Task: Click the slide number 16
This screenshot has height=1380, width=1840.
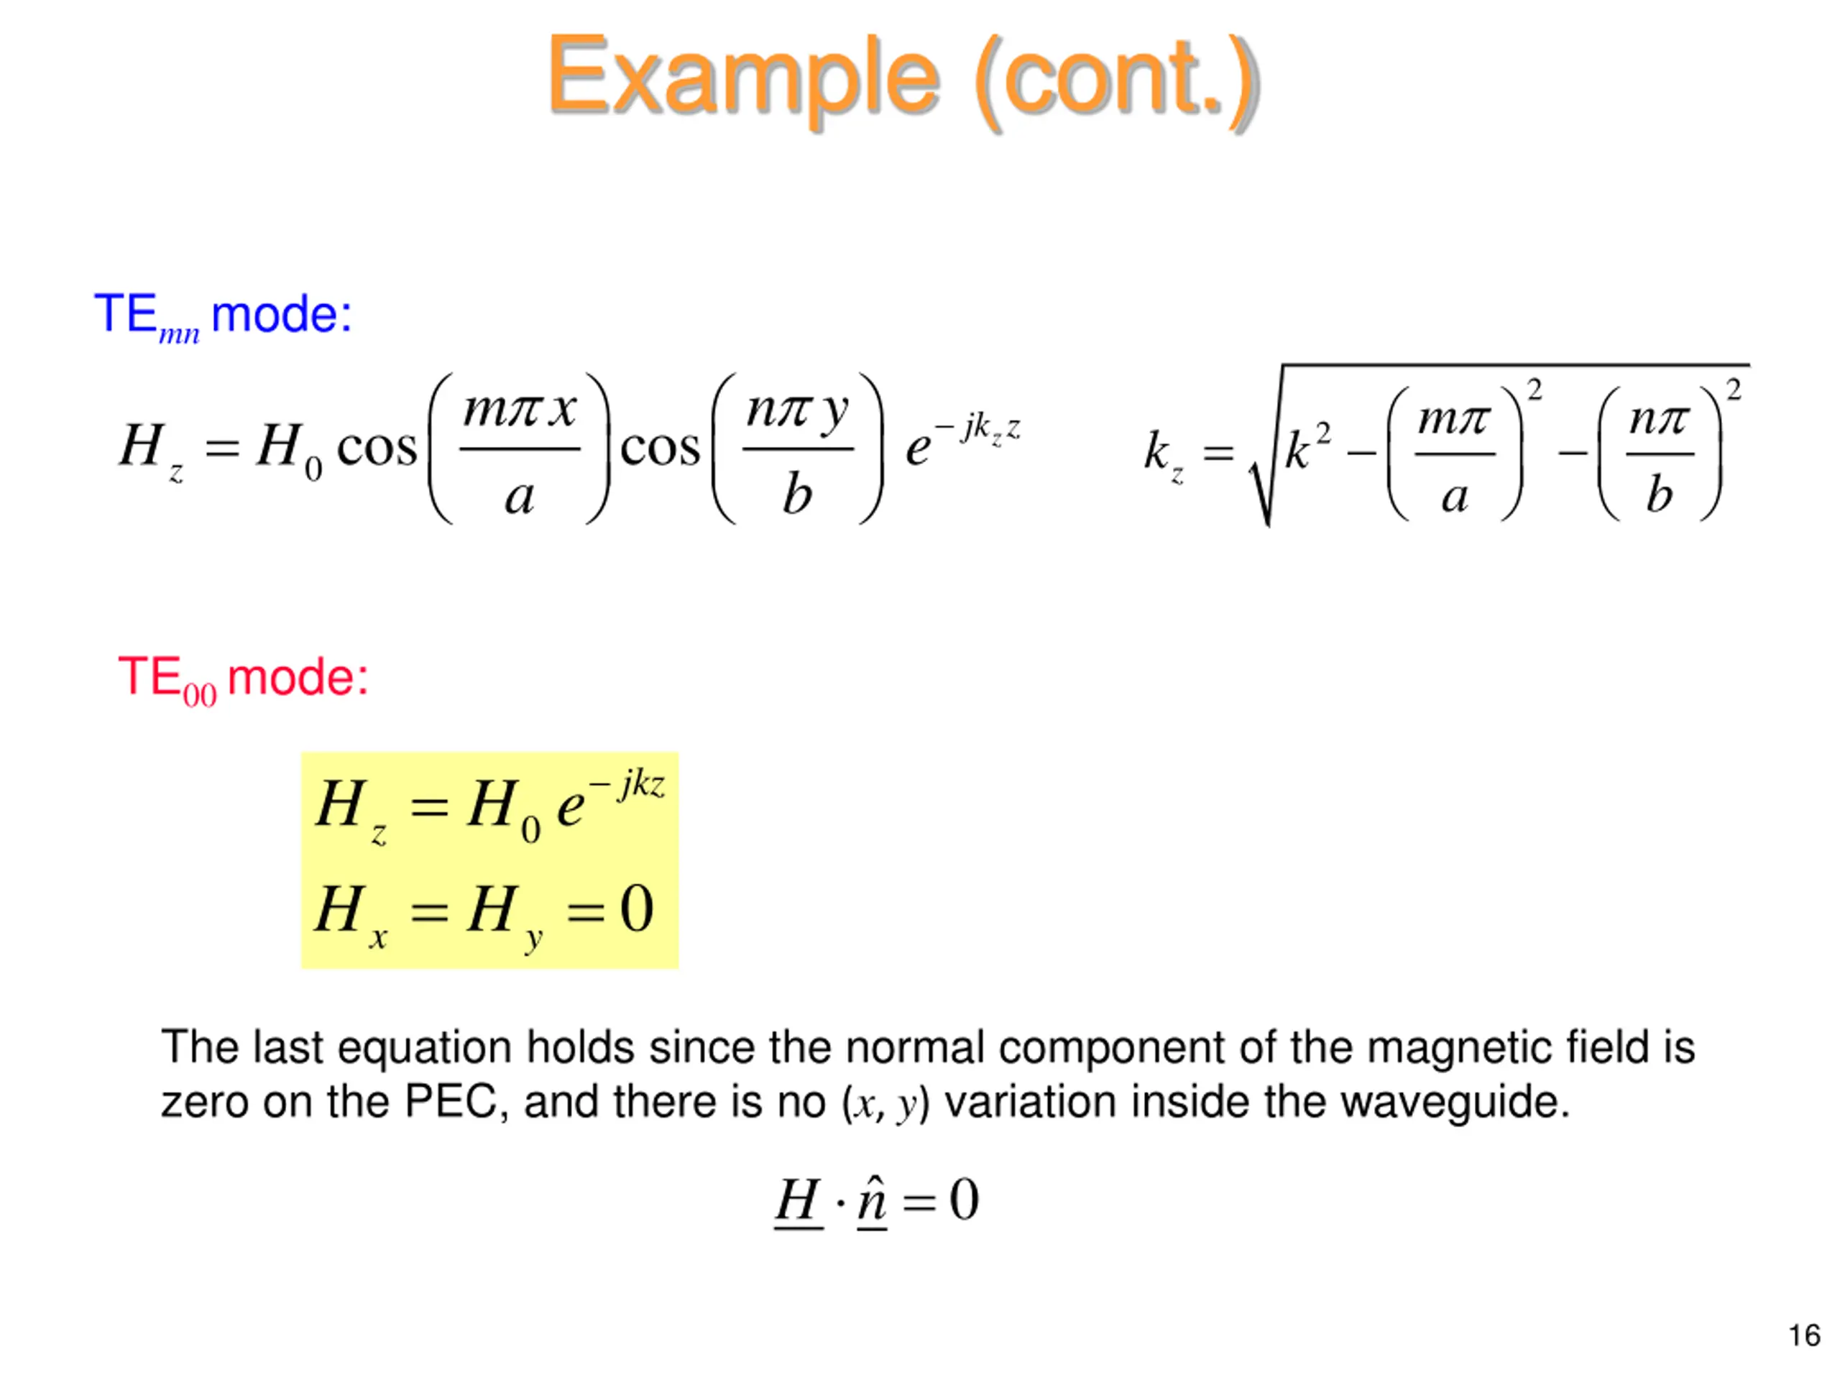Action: [1804, 1335]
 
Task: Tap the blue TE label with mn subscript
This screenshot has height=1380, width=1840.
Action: [146, 316]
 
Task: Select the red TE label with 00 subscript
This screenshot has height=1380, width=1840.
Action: [166, 678]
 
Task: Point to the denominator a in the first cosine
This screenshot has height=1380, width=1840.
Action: [519, 497]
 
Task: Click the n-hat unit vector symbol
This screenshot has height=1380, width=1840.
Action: [872, 1200]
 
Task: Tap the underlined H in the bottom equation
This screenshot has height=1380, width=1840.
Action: [798, 1200]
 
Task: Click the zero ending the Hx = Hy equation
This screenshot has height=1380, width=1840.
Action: [636, 908]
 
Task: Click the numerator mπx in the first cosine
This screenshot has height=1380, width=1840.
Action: [519, 410]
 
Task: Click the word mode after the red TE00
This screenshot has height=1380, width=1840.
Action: [297, 677]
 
